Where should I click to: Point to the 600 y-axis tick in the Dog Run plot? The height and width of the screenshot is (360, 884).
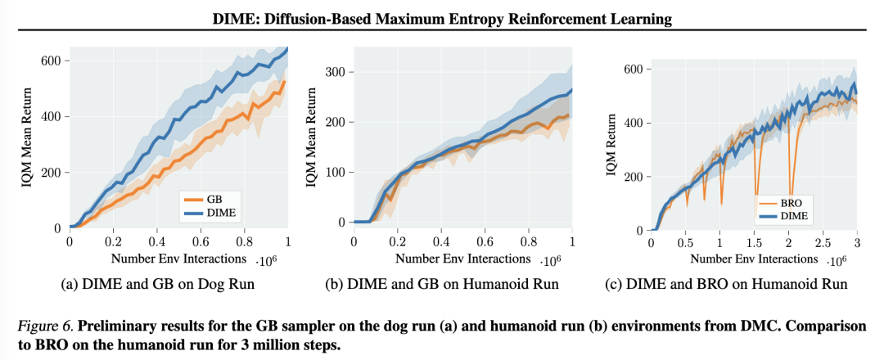(x=52, y=61)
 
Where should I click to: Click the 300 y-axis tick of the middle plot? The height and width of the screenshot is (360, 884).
(x=335, y=72)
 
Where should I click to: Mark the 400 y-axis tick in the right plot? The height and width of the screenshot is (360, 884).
(x=631, y=123)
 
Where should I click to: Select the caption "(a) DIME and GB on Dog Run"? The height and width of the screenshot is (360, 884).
(x=158, y=285)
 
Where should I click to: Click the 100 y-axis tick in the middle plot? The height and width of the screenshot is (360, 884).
(x=335, y=172)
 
